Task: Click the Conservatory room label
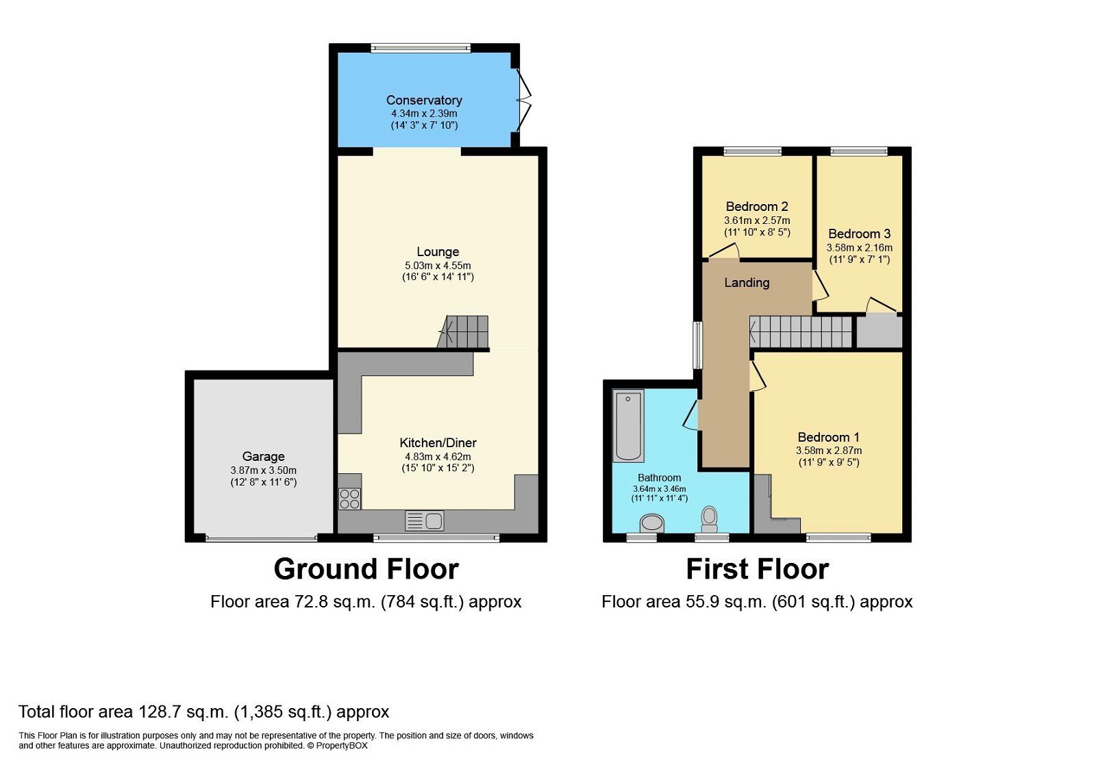424,100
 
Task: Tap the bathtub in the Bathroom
628,425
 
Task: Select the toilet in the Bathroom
709,519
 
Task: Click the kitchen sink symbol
425,521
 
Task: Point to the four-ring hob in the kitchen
349,499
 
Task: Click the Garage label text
263,456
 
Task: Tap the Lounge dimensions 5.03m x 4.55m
438,266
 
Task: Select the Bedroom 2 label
757,206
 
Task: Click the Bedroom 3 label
859,234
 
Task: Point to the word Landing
747,282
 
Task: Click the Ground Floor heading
366,569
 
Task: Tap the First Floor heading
757,569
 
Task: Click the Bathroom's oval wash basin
652,525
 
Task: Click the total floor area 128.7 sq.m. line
203,712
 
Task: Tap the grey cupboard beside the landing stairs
880,331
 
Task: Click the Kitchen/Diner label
438,442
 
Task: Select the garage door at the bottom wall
262,539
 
